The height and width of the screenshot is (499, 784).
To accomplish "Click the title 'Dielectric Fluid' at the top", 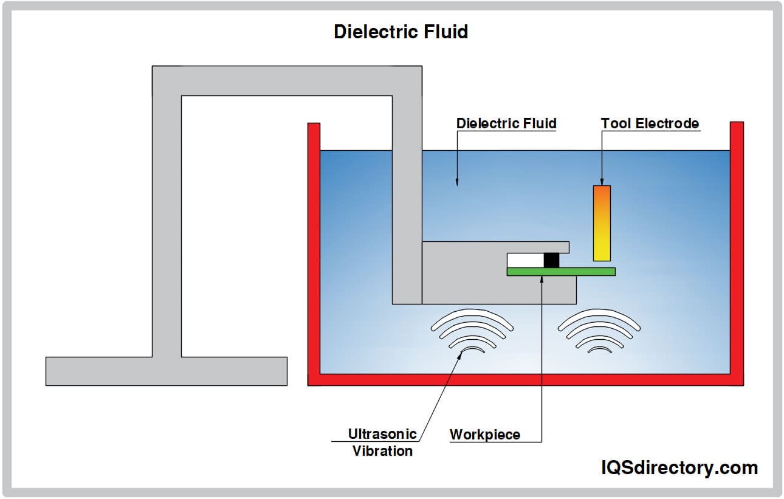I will (401, 32).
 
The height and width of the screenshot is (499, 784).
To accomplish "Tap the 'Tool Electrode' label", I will (650, 123).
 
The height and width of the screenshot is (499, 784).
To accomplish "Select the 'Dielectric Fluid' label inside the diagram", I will (506, 123).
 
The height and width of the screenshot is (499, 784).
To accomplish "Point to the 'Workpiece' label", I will (484, 434).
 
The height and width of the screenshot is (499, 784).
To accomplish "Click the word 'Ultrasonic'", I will (382, 433).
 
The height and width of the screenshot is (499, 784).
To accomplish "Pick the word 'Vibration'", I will (382, 451).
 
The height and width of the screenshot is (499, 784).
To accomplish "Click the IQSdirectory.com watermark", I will (679, 467).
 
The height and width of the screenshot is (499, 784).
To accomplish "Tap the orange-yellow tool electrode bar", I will (602, 223).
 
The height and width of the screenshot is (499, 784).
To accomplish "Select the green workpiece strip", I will (560, 272).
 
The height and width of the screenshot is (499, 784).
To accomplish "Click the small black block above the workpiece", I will (551, 260).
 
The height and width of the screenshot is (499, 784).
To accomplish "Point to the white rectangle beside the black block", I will (525, 260).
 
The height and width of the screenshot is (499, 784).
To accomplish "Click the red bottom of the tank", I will (525, 380).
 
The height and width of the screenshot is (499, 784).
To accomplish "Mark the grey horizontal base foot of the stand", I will (166, 371).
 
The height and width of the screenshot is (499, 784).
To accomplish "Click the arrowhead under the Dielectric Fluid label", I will (458, 181).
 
